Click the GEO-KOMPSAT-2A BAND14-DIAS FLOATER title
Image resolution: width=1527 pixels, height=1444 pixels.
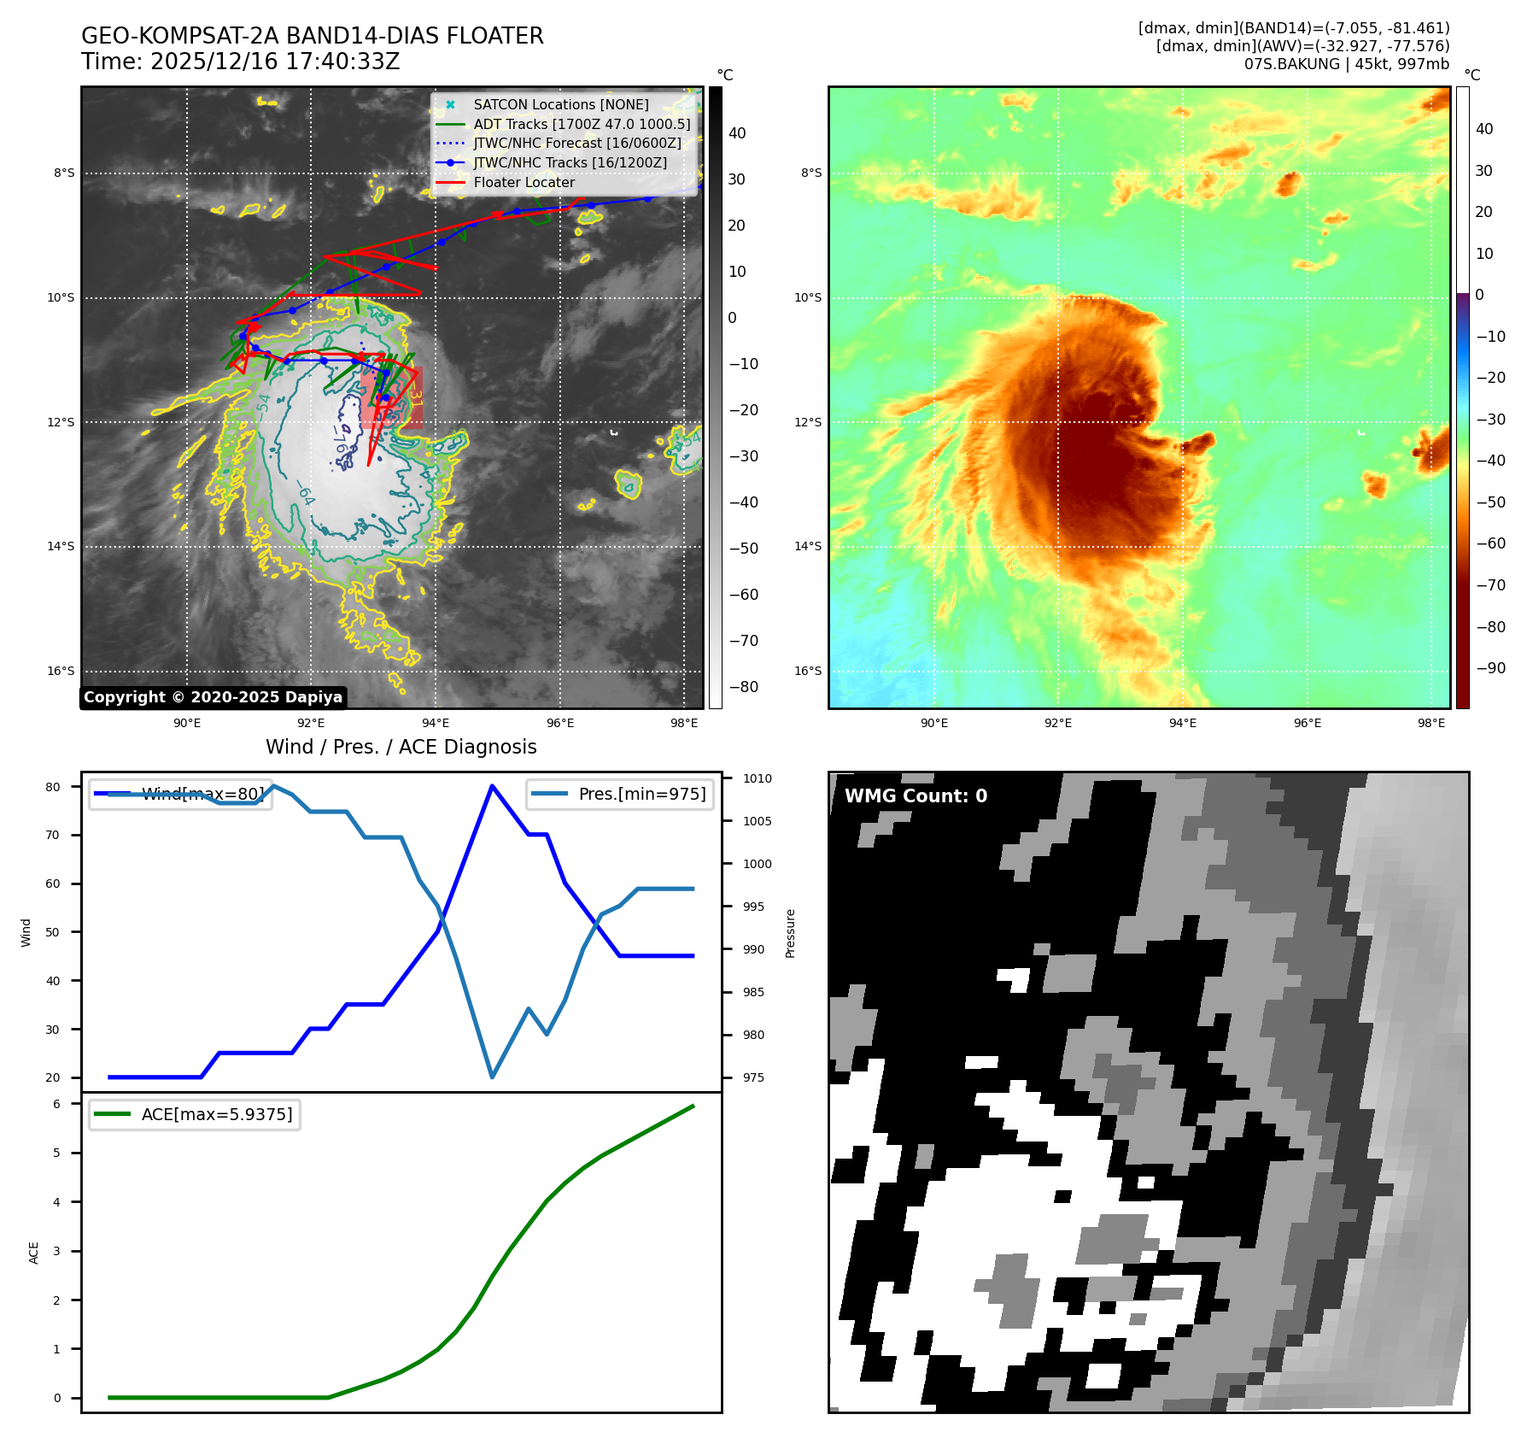click(312, 36)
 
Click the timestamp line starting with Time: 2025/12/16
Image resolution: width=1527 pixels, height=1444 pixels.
click(240, 62)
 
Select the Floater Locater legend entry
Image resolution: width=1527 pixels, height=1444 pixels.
click(524, 182)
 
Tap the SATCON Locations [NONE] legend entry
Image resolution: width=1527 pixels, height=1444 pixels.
click(560, 104)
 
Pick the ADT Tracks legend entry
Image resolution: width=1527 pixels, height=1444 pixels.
click(581, 124)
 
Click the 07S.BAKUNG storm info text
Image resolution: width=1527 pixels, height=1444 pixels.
click(1346, 64)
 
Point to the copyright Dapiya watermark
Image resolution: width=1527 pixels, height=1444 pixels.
click(213, 697)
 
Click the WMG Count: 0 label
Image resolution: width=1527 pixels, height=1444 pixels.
click(916, 795)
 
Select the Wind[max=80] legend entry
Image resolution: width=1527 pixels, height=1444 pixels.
click(202, 794)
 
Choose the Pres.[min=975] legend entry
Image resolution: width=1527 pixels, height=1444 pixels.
click(641, 794)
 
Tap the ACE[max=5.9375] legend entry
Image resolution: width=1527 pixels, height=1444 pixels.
click(216, 1114)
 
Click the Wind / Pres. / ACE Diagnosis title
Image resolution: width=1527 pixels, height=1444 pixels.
click(401, 747)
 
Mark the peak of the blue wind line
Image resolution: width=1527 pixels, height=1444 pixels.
click(492, 785)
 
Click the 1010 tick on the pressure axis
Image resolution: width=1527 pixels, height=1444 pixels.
click(757, 778)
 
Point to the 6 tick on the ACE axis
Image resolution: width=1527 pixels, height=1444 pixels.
click(57, 1104)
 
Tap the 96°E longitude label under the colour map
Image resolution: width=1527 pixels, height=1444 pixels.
click(1307, 723)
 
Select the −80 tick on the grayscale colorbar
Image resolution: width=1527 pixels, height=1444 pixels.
click(743, 686)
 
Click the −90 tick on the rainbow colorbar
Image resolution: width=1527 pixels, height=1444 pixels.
click(1490, 667)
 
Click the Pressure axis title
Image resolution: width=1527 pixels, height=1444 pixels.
click(790, 933)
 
